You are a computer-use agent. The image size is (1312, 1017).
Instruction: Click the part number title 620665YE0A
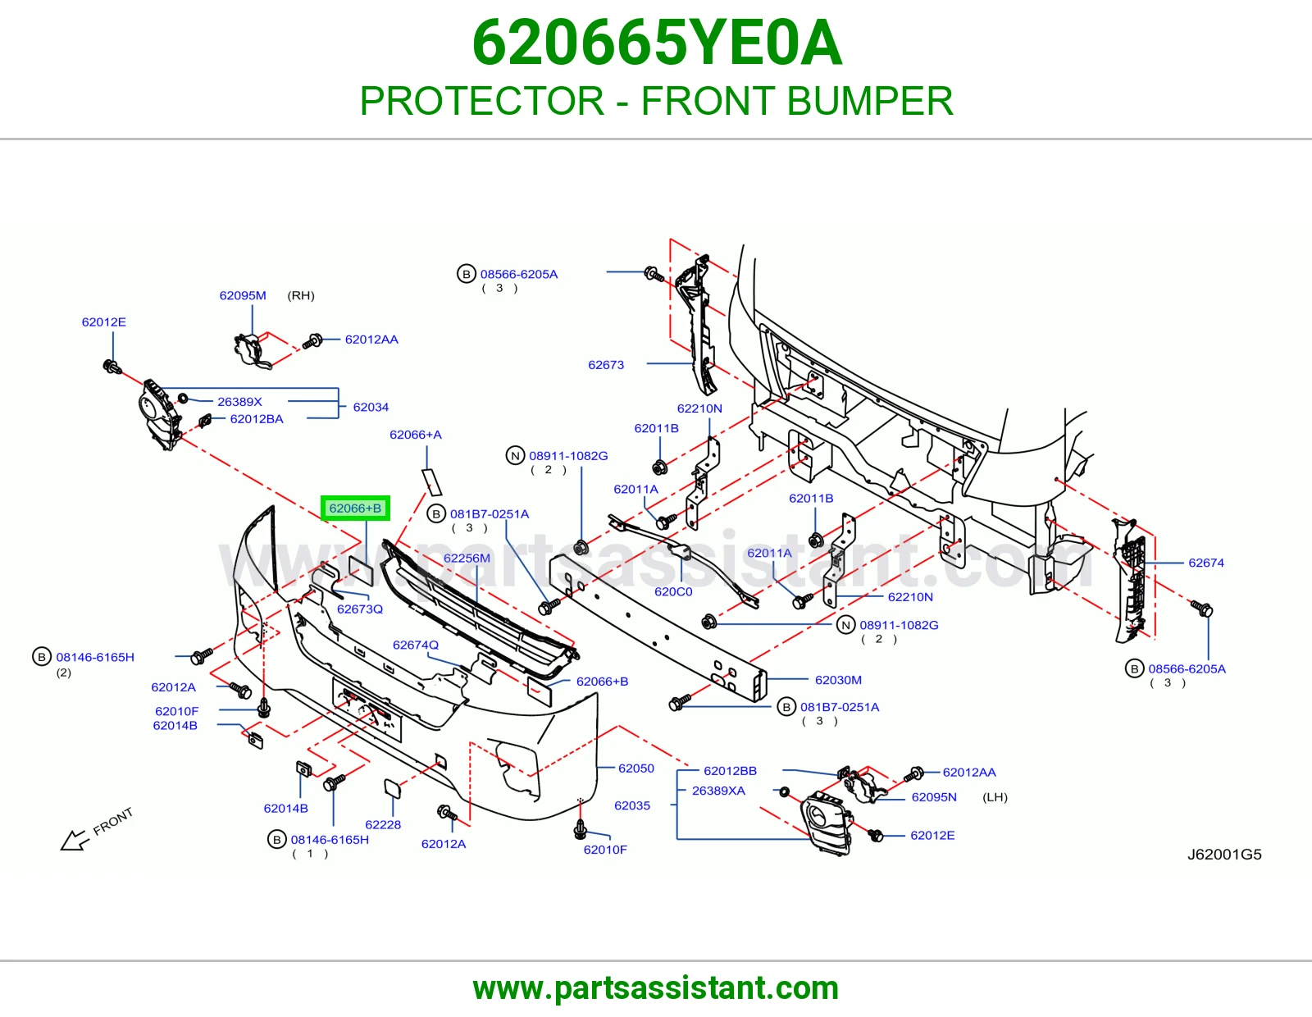(x=656, y=43)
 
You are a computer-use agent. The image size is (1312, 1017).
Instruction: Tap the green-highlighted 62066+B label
(x=355, y=508)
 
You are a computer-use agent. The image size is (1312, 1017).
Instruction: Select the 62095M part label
(x=243, y=295)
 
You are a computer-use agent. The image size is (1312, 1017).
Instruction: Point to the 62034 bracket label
(x=371, y=407)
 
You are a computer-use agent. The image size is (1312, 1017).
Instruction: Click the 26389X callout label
(x=239, y=402)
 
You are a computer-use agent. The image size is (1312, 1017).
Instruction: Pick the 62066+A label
(x=416, y=434)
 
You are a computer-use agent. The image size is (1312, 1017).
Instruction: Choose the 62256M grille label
(x=467, y=558)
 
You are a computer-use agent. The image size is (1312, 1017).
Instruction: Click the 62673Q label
(x=360, y=609)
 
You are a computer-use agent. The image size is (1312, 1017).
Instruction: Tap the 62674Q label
(x=416, y=645)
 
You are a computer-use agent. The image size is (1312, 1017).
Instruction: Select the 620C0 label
(x=673, y=591)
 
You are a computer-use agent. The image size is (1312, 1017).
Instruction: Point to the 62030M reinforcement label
(x=838, y=679)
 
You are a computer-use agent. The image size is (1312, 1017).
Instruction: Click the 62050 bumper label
(x=635, y=768)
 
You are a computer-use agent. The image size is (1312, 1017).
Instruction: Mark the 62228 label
(x=383, y=824)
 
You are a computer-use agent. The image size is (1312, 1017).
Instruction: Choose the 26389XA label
(x=718, y=791)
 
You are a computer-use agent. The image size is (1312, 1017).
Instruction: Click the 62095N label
(x=934, y=796)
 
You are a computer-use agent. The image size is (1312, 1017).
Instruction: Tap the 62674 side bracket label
(x=1205, y=563)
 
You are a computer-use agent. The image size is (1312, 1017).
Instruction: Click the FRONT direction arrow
(x=75, y=840)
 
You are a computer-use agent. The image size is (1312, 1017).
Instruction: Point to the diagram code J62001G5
(x=1223, y=854)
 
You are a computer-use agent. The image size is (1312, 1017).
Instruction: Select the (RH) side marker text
(x=301, y=295)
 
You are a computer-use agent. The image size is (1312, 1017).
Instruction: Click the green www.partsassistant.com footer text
(x=656, y=988)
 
